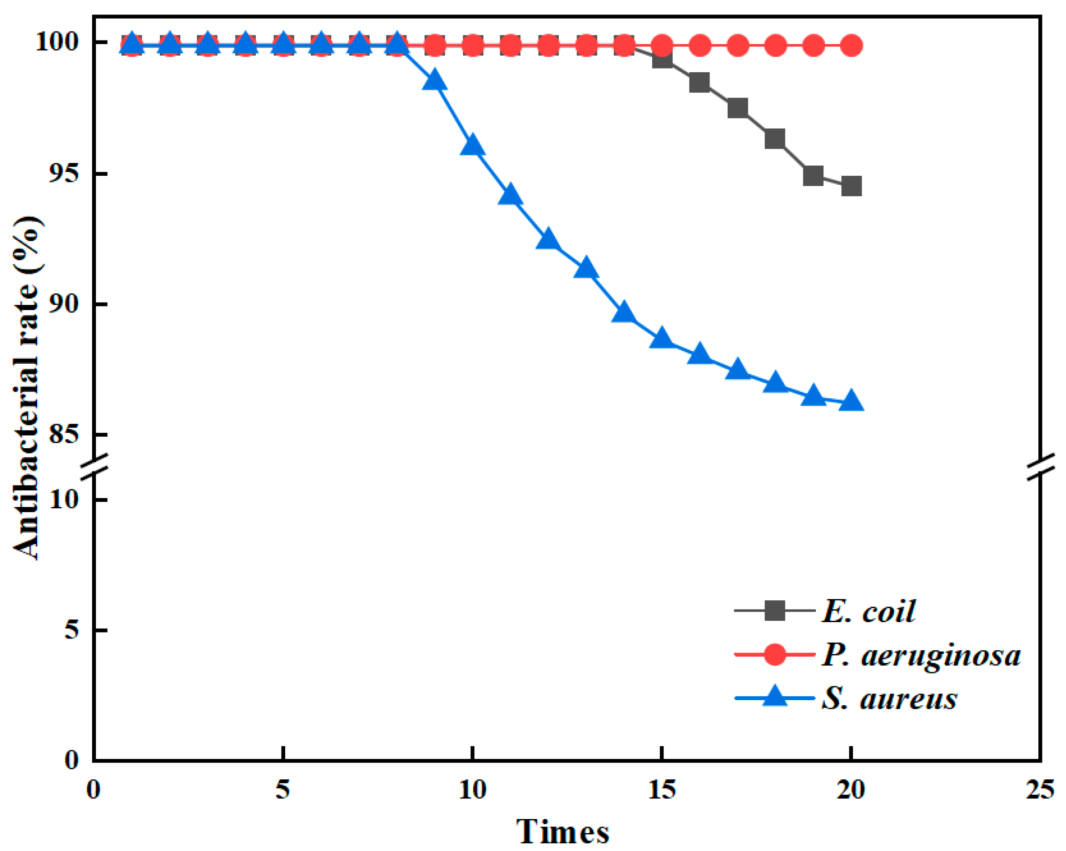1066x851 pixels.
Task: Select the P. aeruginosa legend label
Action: point(920,655)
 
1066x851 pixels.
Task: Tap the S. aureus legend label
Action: point(889,698)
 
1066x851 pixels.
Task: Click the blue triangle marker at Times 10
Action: point(472,145)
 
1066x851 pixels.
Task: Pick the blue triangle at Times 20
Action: point(851,401)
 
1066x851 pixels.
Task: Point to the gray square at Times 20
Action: point(851,187)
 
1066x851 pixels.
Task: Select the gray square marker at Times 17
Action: point(737,108)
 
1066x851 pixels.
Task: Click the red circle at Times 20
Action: point(851,45)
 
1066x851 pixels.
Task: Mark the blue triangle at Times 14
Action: point(624,313)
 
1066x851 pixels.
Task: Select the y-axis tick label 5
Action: point(72,630)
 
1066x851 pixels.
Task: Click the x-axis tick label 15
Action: point(662,790)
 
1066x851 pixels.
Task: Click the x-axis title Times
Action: point(563,831)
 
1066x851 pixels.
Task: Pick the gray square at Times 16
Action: point(699,82)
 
